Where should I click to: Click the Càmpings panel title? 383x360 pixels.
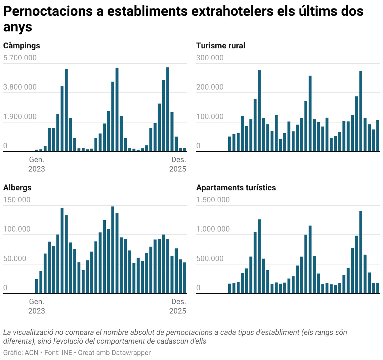tap(22, 46)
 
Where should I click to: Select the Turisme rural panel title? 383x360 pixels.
tap(221, 46)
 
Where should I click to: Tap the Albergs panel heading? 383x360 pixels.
tap(17, 188)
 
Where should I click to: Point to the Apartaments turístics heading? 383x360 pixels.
tap(236, 188)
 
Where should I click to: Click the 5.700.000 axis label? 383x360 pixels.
tap(20, 58)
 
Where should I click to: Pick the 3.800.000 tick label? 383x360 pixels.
tap(20, 87)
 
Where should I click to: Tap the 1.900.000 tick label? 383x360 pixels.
tap(20, 117)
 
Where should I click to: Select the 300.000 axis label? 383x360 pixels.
tap(210, 58)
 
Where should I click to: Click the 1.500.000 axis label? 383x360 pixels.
tap(213, 200)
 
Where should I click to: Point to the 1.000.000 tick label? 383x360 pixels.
tap(213, 229)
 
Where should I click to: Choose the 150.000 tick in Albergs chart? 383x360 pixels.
tap(17, 200)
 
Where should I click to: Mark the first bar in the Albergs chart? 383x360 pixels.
tap(37, 286)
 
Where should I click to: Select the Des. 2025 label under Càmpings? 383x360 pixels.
tap(178, 164)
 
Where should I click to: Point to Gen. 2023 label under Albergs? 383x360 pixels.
tap(36, 306)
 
